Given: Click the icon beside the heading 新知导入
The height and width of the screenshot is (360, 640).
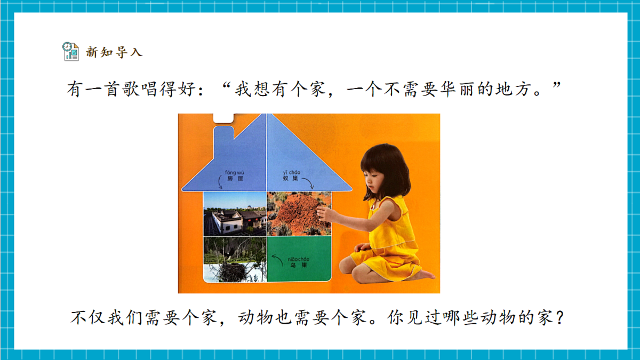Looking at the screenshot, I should point(70,52).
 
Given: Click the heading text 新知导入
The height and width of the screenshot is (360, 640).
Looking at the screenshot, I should point(114,52).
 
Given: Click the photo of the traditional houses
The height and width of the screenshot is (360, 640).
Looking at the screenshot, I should point(235,214).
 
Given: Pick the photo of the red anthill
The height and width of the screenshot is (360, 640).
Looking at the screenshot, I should point(299,213).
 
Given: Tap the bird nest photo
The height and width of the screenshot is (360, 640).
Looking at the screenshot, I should point(235,259).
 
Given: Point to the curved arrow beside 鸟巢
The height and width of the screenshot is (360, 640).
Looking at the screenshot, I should point(277,261).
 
